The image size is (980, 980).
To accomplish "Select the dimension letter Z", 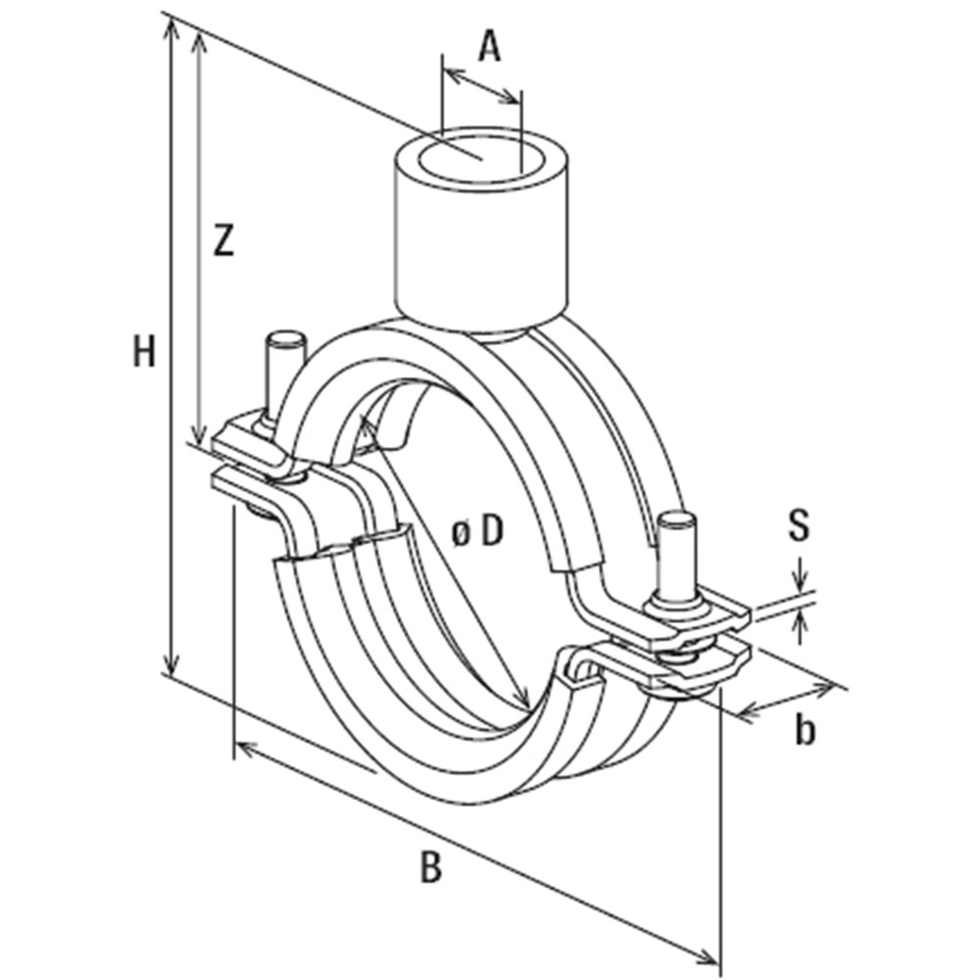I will coord(224,240).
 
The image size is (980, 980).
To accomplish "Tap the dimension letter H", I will coord(145,351).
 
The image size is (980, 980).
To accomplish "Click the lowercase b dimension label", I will coord(805,730).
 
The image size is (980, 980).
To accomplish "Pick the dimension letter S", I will coord(800,526).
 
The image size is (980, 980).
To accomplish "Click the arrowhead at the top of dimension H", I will coord(172,24).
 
